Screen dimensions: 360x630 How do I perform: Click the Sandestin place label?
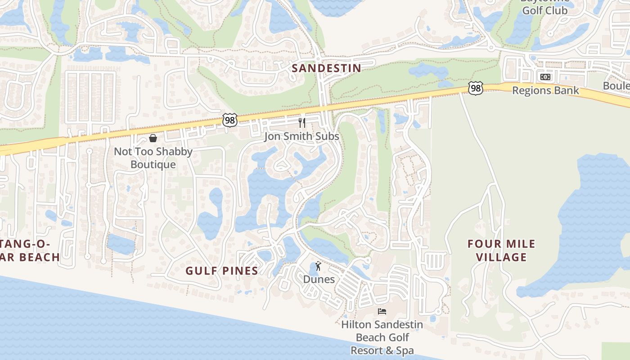(x=326, y=68)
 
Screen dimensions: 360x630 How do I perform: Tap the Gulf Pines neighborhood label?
(x=222, y=271)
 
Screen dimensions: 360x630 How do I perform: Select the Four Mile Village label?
(x=501, y=251)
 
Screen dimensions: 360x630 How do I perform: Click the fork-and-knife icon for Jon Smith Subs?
(x=302, y=122)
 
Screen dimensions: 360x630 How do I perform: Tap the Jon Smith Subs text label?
(x=301, y=136)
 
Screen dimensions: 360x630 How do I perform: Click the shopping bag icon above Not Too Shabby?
(x=153, y=138)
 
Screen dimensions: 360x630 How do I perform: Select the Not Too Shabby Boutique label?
(x=153, y=158)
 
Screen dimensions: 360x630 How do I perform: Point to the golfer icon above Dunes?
(x=319, y=266)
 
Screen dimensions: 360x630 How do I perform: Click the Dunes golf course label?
(x=319, y=279)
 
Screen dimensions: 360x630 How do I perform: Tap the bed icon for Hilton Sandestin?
(x=382, y=311)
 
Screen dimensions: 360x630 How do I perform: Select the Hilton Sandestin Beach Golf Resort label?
(x=382, y=337)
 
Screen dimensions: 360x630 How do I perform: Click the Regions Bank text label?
(x=545, y=90)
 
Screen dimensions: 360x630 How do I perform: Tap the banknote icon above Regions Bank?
(x=545, y=77)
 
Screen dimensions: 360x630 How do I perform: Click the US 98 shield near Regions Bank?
(x=475, y=88)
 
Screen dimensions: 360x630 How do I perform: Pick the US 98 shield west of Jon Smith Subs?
(x=229, y=120)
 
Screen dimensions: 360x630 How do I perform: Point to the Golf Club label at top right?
(x=544, y=10)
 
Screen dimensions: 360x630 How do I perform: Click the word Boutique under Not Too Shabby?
(x=153, y=165)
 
